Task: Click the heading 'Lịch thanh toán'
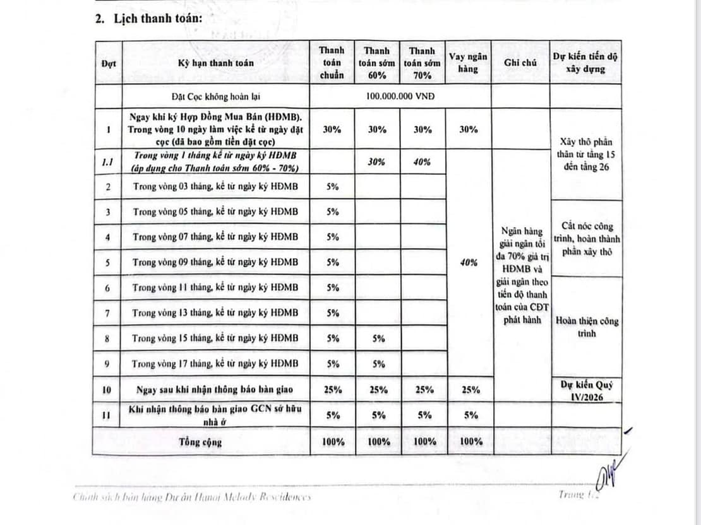[x=157, y=18]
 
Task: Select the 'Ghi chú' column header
[x=520, y=62]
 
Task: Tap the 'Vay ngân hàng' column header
[x=468, y=62]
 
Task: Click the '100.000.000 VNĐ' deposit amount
[x=400, y=96]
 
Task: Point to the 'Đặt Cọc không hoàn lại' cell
[x=215, y=97]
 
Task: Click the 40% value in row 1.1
[x=422, y=162]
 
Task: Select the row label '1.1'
[x=108, y=162]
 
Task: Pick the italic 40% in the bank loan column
[x=468, y=262]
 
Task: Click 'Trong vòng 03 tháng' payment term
[x=215, y=187]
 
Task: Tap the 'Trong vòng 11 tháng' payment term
[x=215, y=288]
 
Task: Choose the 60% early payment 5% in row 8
[x=378, y=338]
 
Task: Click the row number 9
[x=108, y=363]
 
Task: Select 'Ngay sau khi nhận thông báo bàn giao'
[x=215, y=389]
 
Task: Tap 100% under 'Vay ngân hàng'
[x=468, y=442]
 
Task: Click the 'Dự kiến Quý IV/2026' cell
[x=586, y=389]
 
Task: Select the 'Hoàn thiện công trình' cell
[x=586, y=327]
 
